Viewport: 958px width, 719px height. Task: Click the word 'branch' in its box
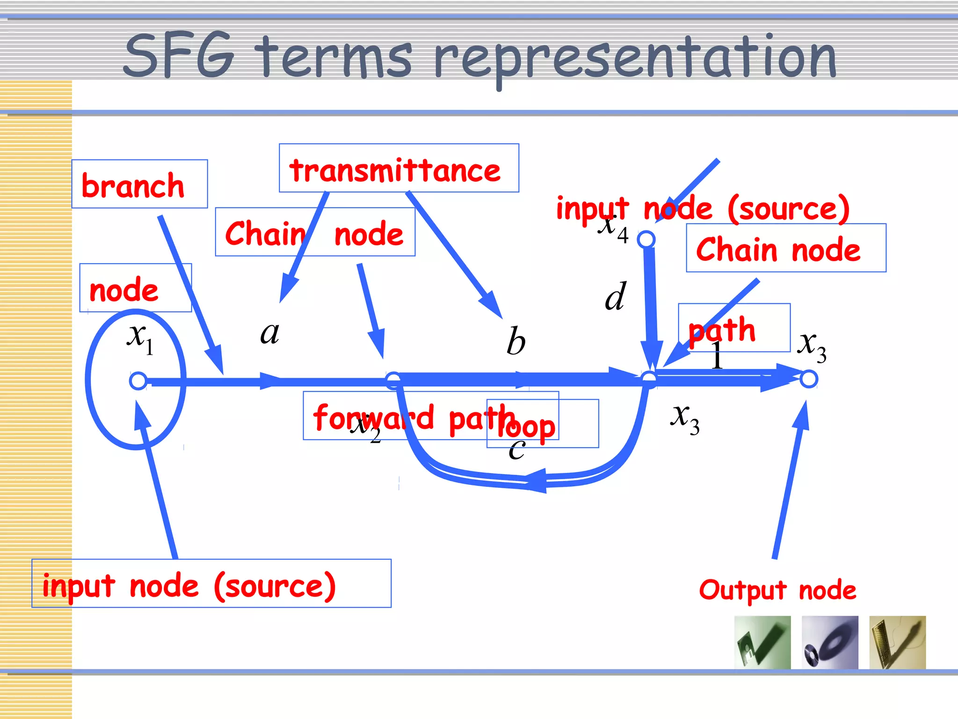click(x=133, y=186)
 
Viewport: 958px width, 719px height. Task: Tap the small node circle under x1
click(x=138, y=381)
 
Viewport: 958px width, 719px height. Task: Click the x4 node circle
click(x=646, y=239)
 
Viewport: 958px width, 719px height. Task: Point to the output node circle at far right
click(x=808, y=379)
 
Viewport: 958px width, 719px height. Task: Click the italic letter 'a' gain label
click(x=269, y=333)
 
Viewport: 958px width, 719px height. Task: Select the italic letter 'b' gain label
click(x=516, y=341)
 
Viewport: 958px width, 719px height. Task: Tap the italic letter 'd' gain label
click(x=615, y=296)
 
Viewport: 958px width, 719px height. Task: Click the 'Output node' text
click(x=777, y=590)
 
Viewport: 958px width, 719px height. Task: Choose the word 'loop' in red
click(x=527, y=427)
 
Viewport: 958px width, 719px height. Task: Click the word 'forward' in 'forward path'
click(x=373, y=417)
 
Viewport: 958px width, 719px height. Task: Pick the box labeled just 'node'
click(x=135, y=288)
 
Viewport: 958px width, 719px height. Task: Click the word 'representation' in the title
click(x=634, y=59)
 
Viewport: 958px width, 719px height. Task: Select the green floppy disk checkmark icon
click(x=762, y=642)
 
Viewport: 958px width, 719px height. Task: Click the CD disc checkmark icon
click(x=829, y=642)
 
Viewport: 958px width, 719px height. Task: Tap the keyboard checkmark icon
click(x=897, y=642)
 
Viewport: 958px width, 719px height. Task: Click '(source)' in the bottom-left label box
click(x=275, y=586)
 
